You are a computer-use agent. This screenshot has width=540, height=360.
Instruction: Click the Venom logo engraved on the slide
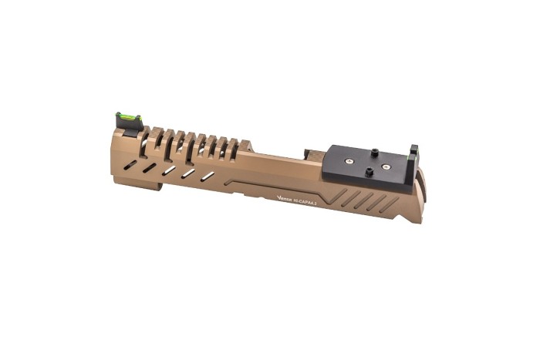click(x=283, y=197)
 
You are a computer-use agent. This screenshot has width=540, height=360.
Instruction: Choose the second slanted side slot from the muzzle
click(x=150, y=167)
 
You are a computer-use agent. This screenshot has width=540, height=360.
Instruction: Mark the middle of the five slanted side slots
click(x=169, y=170)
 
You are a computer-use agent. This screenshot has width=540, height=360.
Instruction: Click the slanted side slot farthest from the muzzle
click(x=208, y=177)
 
